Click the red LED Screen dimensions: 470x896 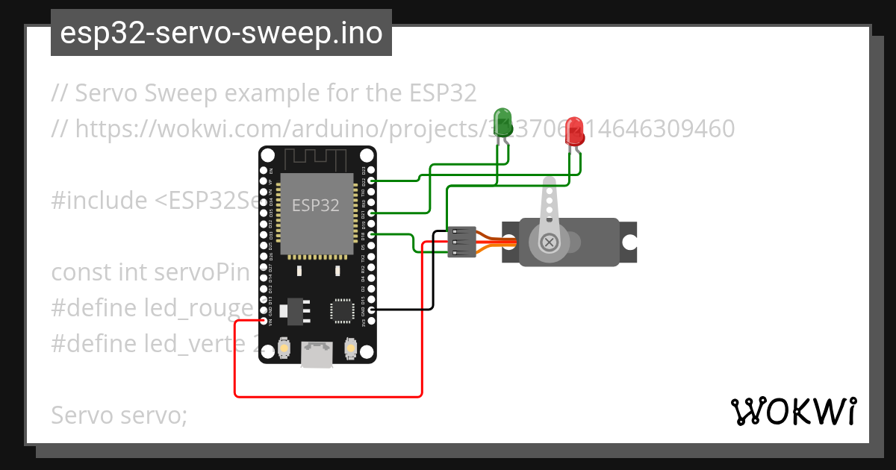pos(573,128)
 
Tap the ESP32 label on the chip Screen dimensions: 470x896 pos(315,205)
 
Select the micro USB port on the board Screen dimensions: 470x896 pos(317,354)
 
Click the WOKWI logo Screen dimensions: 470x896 pos(793,411)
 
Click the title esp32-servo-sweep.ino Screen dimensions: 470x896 pos(221,33)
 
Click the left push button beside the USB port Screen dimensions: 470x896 pos(284,348)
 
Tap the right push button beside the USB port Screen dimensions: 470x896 pos(350,348)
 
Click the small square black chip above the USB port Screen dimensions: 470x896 pos(343,311)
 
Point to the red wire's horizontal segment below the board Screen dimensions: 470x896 pos(329,396)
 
